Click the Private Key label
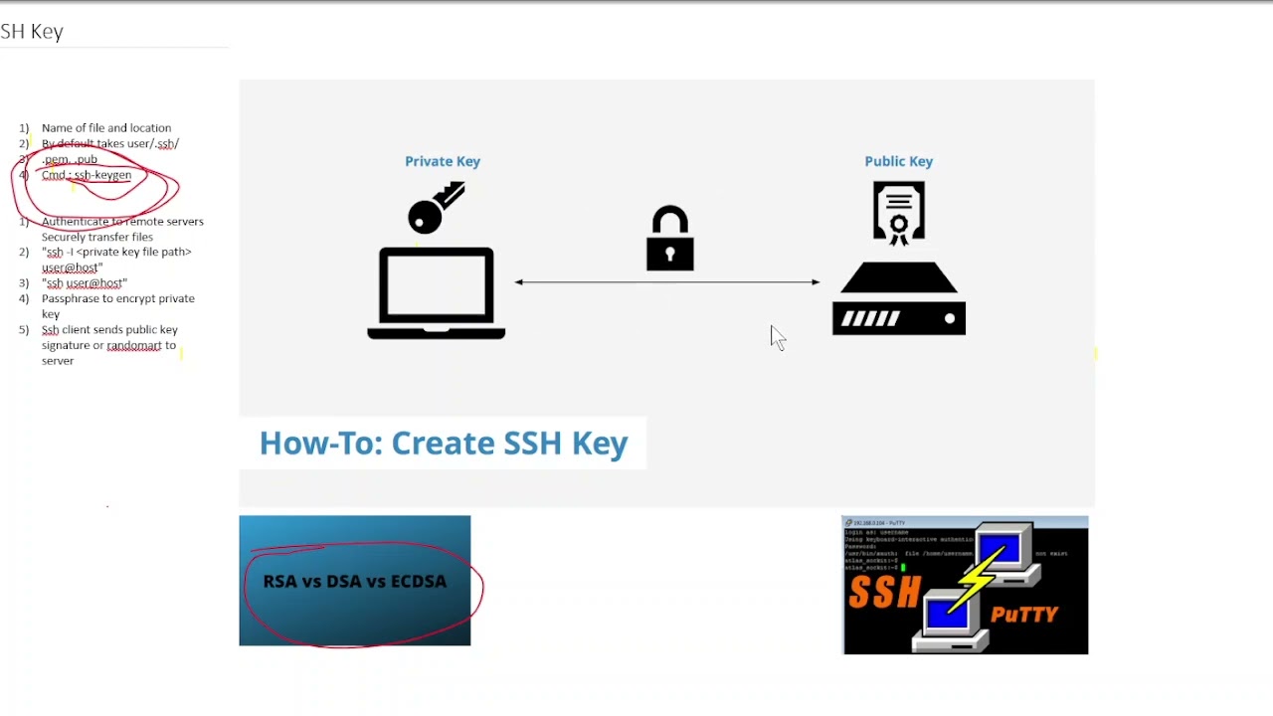coord(443,161)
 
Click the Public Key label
coord(898,161)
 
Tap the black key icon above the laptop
coord(436,207)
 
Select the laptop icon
coord(437,293)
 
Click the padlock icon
coord(670,239)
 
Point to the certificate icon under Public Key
coord(898,212)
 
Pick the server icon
coord(898,300)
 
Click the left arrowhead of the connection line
coord(519,282)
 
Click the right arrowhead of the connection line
coord(816,282)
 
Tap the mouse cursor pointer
coord(777,337)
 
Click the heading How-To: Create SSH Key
coord(444,444)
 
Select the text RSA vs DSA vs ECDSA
coord(355,582)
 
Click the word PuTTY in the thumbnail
coord(1024,615)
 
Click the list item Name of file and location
coord(106,128)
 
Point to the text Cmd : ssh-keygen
coord(87,175)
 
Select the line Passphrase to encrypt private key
coord(117,299)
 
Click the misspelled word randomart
coord(133,346)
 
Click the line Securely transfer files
coord(97,237)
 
